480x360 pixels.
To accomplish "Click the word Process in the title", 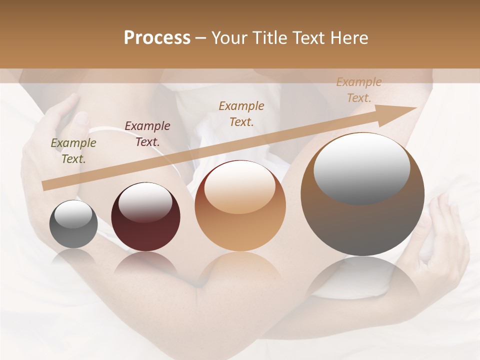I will coord(157,38).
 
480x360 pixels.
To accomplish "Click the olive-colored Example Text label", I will coord(73,151).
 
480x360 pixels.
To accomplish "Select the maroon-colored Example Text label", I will coord(147,134).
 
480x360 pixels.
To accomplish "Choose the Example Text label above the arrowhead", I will coord(358,90).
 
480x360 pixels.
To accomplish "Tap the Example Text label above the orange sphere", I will coord(241,114).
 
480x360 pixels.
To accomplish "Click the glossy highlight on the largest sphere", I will coord(361,167).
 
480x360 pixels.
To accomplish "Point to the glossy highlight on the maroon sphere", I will coord(145,202).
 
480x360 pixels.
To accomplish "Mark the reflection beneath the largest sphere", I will coord(362,280).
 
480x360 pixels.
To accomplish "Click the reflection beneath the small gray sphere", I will coord(73,257).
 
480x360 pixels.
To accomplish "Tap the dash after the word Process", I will coord(200,38).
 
